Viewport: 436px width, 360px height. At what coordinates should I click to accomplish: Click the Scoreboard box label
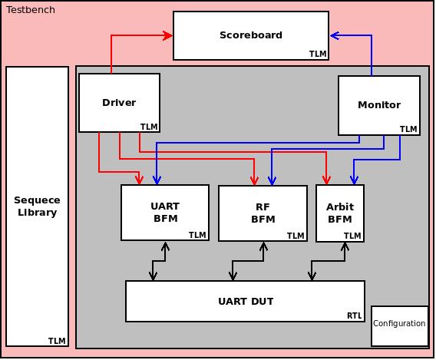tap(251, 35)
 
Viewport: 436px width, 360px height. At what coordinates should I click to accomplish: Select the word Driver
tap(119, 103)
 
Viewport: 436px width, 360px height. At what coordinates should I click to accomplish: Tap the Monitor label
tap(379, 105)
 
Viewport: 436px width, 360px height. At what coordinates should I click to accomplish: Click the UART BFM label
tap(165, 213)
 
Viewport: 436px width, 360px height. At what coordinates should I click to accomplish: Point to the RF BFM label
tap(263, 213)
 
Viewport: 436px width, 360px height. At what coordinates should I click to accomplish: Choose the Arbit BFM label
tap(340, 213)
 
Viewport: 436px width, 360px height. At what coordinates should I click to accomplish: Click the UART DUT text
tap(246, 302)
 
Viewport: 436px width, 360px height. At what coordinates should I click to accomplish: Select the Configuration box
tap(400, 326)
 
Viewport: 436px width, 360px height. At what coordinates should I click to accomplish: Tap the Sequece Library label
tap(37, 206)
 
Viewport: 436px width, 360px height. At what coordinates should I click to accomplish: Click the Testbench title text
tap(31, 10)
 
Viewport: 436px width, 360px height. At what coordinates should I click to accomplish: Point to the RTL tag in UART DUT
tap(355, 315)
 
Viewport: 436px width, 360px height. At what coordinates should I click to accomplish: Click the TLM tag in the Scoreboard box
tap(318, 54)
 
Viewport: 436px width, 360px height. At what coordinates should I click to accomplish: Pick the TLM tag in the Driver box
tap(149, 127)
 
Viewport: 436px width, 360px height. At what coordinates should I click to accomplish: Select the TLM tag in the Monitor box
tap(408, 129)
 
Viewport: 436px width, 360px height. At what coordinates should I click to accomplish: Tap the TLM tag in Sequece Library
tap(57, 341)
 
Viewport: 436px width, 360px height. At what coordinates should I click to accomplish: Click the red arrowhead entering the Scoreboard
tap(167, 35)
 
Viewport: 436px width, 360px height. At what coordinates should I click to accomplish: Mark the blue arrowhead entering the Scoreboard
tap(335, 35)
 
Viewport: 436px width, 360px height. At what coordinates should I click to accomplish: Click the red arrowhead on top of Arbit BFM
tap(326, 180)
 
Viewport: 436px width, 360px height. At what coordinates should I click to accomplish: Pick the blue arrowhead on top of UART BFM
tap(157, 180)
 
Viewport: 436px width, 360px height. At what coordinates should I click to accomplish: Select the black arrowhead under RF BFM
tap(263, 246)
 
